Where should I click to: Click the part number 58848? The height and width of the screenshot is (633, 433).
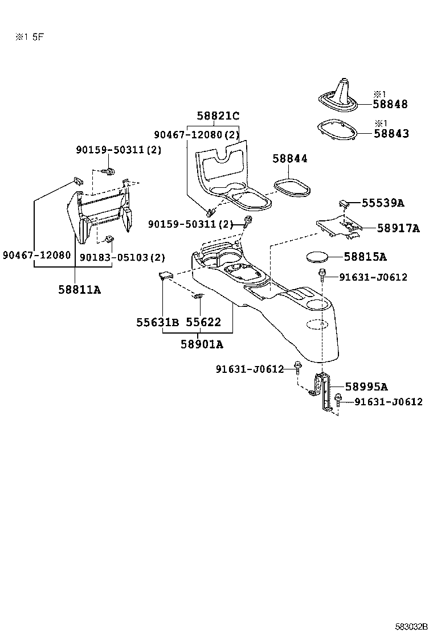(391, 104)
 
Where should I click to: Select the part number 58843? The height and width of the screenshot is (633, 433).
(391, 134)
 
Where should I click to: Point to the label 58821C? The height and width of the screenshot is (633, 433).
(218, 116)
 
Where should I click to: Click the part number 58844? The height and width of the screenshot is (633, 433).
(289, 159)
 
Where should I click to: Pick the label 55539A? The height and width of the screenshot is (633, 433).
(384, 203)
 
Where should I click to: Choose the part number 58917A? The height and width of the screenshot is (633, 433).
(398, 228)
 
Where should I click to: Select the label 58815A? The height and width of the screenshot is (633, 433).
(365, 257)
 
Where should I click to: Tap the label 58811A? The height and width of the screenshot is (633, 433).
(79, 289)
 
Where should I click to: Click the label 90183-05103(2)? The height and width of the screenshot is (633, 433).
(114, 257)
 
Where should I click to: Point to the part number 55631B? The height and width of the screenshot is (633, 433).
(157, 322)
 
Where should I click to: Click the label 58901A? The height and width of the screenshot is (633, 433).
(202, 344)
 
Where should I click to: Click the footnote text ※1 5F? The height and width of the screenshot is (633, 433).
(30, 38)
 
